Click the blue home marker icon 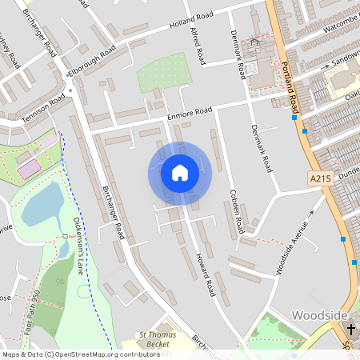click(x=179, y=173)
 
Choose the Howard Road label click(x=202, y=272)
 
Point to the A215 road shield click(x=318, y=178)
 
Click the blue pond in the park click(x=40, y=204)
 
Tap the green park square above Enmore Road click(x=160, y=74)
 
